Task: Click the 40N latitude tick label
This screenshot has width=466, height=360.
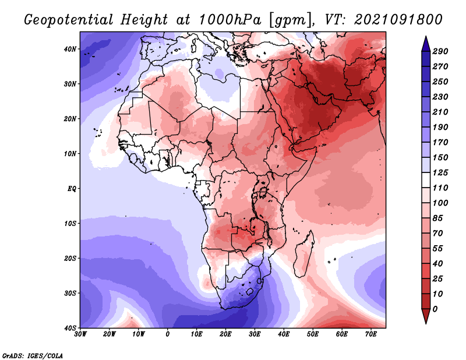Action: (x=70, y=49)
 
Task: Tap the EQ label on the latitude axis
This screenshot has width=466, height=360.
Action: (x=72, y=189)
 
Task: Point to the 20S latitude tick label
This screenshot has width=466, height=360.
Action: (x=70, y=258)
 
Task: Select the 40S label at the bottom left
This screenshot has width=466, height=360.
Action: (x=70, y=328)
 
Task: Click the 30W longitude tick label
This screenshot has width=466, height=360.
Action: (x=80, y=334)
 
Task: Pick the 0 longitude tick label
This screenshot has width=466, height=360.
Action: (x=168, y=334)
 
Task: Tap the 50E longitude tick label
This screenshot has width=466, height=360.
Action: (x=313, y=334)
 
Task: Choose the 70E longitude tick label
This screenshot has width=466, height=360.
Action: (x=371, y=334)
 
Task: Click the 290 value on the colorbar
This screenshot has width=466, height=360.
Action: (x=440, y=51)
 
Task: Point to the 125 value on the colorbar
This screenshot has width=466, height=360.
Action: (x=440, y=172)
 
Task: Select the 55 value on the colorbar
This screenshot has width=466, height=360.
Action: (x=438, y=249)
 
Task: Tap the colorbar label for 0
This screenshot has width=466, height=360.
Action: (x=435, y=309)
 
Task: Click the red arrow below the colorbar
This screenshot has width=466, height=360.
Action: (x=426, y=316)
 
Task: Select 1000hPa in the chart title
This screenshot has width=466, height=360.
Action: (x=230, y=20)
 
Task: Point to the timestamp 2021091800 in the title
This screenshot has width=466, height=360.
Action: (x=398, y=20)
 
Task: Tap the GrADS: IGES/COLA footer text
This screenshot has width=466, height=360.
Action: (x=33, y=355)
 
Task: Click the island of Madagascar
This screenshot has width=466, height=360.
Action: (x=303, y=256)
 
